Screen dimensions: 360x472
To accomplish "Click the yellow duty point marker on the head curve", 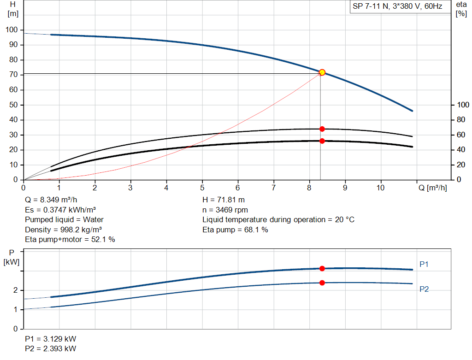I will [x=322, y=72].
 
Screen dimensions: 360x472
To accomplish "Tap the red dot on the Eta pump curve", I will [x=322, y=129].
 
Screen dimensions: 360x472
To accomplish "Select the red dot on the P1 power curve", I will [x=322, y=268].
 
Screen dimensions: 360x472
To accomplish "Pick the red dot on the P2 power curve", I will [x=322, y=283].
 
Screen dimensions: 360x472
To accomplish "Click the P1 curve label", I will [x=424, y=264].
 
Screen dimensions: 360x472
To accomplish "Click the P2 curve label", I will [x=424, y=289].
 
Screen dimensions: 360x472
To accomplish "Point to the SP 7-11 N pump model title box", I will [x=397, y=7].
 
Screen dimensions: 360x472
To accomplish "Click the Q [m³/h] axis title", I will [x=432, y=188].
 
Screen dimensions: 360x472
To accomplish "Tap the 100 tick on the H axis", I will [x=12, y=30].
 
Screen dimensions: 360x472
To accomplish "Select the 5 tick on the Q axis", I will [x=202, y=188].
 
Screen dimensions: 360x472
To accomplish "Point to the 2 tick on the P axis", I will [x=16, y=290].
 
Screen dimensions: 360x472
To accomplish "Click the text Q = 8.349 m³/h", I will [x=51, y=200].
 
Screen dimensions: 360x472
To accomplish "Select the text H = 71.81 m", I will [x=224, y=200].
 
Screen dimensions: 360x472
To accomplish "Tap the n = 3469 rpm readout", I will [x=225, y=210].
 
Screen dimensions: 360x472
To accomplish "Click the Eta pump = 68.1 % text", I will [x=235, y=230].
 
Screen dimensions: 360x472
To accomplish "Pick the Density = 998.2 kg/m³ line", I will [x=63, y=230].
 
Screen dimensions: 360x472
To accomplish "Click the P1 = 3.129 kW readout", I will [x=51, y=339].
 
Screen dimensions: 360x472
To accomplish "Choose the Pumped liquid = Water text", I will [x=64, y=219].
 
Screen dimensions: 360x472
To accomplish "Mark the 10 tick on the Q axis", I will [x=380, y=188].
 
